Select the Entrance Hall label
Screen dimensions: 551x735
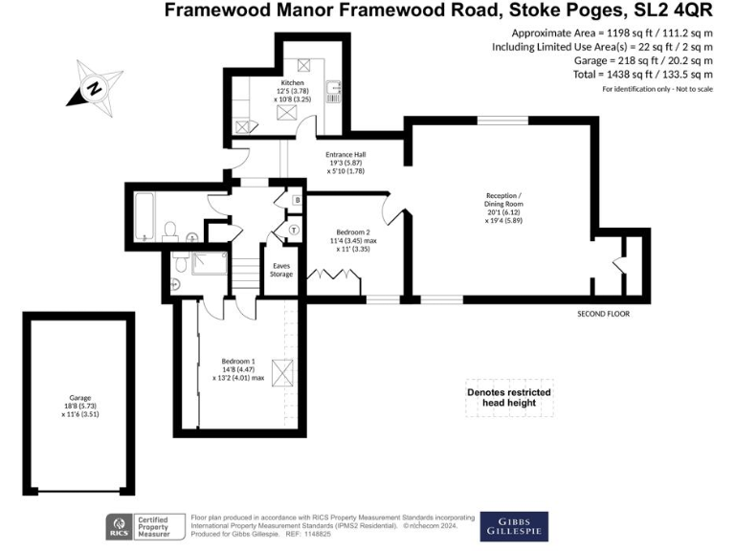[346, 160]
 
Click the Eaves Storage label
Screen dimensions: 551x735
[281, 271]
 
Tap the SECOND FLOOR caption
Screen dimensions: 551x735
[604, 314]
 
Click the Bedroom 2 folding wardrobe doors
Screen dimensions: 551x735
[328, 277]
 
